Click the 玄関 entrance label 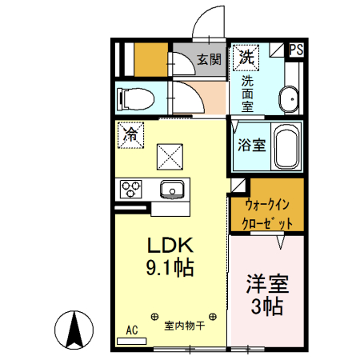(209, 59)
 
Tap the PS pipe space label (296, 49)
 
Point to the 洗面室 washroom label (248, 93)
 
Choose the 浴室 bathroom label (251, 146)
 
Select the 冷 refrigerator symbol (130, 134)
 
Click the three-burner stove (130, 190)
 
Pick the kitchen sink (172, 190)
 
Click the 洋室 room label (266, 285)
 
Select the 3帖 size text (266, 307)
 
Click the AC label (132, 329)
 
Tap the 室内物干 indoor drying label (185, 326)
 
